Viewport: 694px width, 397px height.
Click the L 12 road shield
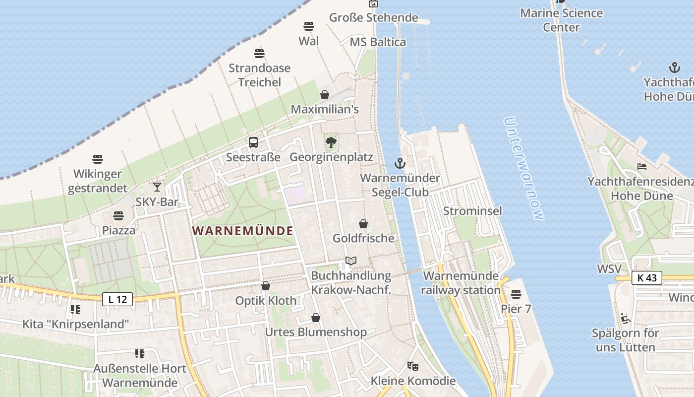tap(117, 299)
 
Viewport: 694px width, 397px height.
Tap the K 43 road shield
tap(647, 278)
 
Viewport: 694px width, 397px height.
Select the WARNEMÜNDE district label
tap(242, 231)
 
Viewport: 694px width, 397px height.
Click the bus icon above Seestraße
tap(253, 142)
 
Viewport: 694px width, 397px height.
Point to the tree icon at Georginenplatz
tap(331, 142)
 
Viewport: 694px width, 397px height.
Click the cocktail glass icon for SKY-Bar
tap(157, 187)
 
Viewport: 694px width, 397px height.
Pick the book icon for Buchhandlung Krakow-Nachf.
tap(351, 261)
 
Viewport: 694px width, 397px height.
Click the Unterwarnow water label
tap(523, 168)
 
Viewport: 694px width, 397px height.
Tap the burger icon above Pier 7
tap(516, 294)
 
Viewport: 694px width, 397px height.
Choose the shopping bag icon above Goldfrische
tap(363, 224)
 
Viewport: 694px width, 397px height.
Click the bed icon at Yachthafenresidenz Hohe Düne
tap(642, 167)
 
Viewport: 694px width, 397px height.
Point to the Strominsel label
tap(472, 211)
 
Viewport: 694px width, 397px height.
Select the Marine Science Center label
tap(561, 20)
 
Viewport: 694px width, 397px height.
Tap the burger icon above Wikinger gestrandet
tap(98, 159)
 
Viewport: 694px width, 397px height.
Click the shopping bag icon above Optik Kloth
tap(266, 286)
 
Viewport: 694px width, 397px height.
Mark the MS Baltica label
tap(378, 42)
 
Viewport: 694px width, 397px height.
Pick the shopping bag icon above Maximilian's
tap(325, 94)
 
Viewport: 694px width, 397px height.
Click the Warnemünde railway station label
tap(461, 283)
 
